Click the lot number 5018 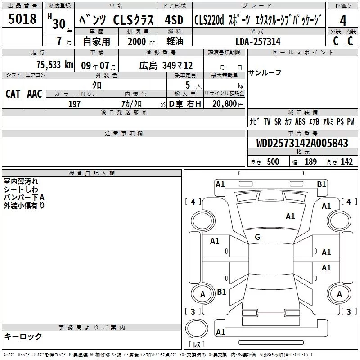22,18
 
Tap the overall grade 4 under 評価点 343,21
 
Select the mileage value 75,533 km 55,65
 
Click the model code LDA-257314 258,41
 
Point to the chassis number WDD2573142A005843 302,143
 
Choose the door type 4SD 174,20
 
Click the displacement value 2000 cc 141,41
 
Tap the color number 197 74,104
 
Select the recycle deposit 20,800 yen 228,104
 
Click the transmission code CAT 13,94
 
